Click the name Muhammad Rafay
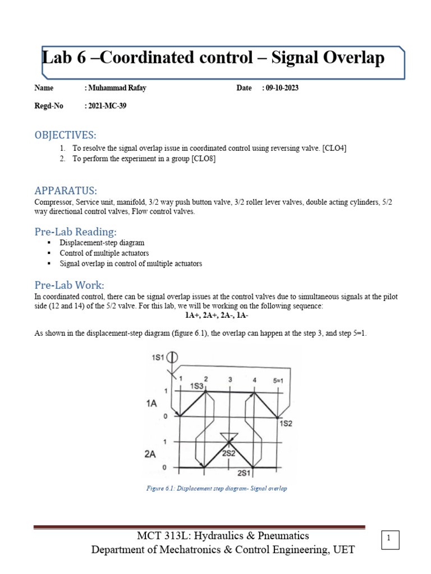(x=115, y=88)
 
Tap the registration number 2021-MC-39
(x=105, y=106)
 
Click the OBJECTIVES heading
(x=66, y=135)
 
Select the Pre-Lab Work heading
(x=69, y=285)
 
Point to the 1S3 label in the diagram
(x=196, y=386)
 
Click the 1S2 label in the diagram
(x=286, y=424)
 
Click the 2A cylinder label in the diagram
(x=149, y=455)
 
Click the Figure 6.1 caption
(x=215, y=488)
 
